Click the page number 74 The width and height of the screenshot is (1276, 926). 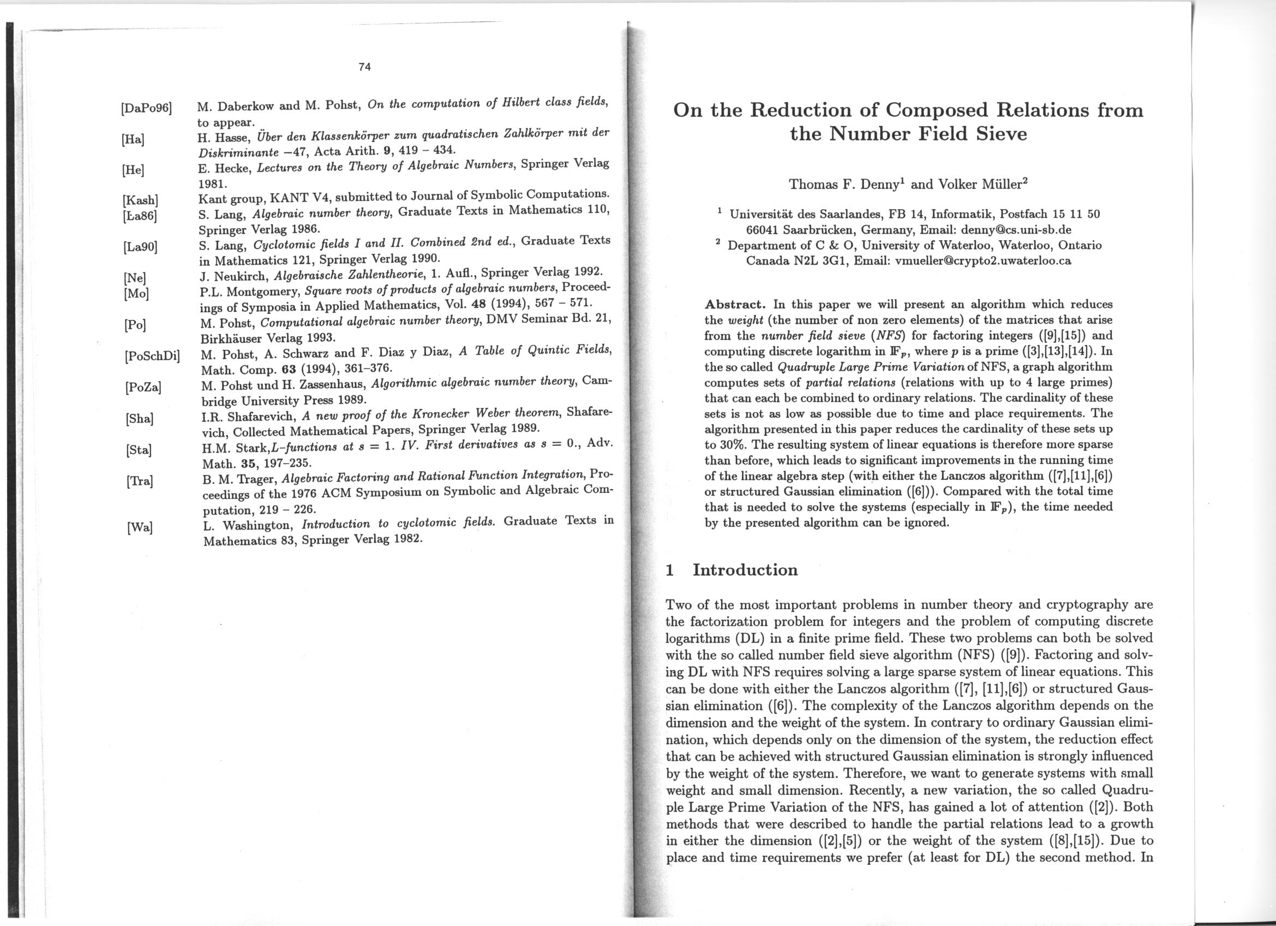click(364, 67)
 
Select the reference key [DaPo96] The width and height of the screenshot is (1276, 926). click(146, 108)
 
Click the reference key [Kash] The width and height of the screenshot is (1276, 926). click(140, 200)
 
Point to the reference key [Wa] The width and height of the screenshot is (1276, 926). click(140, 527)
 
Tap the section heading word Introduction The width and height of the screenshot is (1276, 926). click(745, 569)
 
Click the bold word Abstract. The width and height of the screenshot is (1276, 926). click(735, 305)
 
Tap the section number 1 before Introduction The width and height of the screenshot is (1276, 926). click(669, 570)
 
